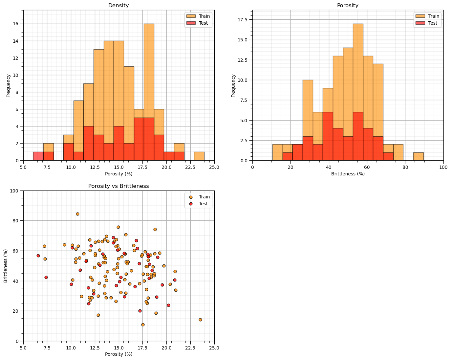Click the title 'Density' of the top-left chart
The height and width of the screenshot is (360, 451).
(x=118, y=6)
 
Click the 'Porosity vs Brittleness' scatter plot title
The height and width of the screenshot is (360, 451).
(x=118, y=186)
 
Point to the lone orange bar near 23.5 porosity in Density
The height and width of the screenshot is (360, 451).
(x=199, y=156)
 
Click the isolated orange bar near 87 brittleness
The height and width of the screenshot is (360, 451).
(x=418, y=157)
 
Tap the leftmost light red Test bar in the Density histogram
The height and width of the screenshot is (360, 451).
(x=38, y=156)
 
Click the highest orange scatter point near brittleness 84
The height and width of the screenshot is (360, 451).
(x=77, y=214)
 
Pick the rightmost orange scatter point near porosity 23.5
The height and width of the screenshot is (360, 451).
(x=200, y=320)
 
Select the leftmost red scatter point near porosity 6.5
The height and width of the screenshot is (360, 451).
(x=38, y=256)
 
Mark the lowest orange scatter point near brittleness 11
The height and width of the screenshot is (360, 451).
(x=143, y=325)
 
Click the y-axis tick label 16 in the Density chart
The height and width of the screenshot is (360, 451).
(x=16, y=24)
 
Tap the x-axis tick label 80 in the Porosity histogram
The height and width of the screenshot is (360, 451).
(x=405, y=167)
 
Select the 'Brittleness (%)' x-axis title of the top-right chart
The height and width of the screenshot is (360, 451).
(x=348, y=174)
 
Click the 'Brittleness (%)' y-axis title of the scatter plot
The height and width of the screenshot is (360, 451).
(x=6, y=266)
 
